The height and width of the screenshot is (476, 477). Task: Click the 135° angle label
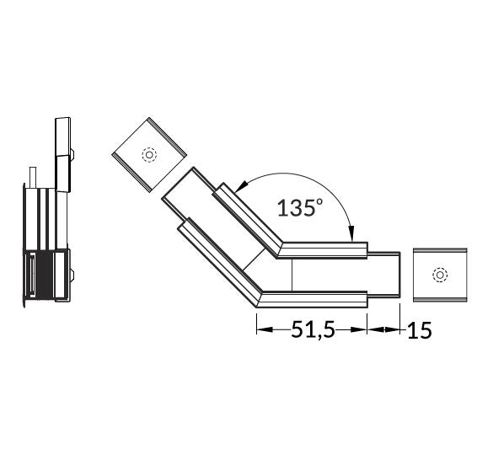pyautogui.click(x=299, y=207)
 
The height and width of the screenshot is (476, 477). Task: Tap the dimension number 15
pyautogui.click(x=419, y=330)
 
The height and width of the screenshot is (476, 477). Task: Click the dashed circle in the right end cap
pyautogui.click(x=438, y=275)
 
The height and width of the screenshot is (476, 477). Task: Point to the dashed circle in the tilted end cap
pyautogui.click(x=149, y=156)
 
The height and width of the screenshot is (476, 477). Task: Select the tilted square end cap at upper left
pyautogui.click(x=148, y=155)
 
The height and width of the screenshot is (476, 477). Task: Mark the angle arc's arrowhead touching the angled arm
pyautogui.click(x=241, y=186)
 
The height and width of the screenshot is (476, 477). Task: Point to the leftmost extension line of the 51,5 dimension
pyautogui.click(x=255, y=320)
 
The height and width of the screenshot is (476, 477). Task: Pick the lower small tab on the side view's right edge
pyautogui.click(x=72, y=274)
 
